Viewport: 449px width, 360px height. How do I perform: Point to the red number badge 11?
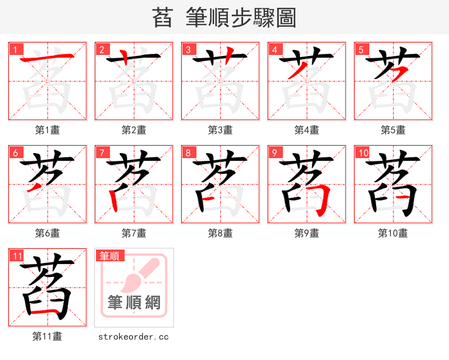17,256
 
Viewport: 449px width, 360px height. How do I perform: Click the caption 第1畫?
47,130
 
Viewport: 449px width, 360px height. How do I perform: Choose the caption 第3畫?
220,130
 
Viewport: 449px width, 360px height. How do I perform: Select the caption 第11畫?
47,336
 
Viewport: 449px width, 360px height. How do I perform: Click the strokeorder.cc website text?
134,336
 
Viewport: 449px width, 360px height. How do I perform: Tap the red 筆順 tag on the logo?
110,256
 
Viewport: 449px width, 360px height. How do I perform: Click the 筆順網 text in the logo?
134,303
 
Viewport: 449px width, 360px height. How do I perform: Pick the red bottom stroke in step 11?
47,310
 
